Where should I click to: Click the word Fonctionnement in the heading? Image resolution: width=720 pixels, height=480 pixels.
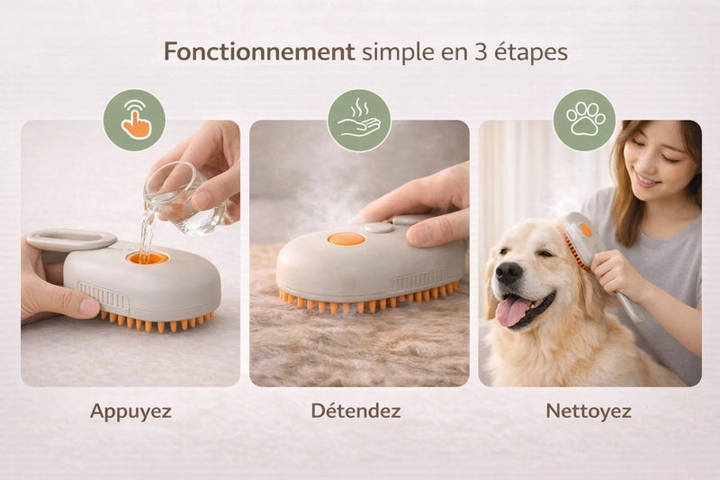pyautogui.click(x=259, y=51)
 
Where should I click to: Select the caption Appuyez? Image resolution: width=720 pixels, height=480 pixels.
pyautogui.click(x=130, y=412)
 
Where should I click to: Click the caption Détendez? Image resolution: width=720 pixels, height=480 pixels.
pyautogui.click(x=355, y=410)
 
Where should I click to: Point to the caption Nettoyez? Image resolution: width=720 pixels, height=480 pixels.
pyautogui.click(x=589, y=411)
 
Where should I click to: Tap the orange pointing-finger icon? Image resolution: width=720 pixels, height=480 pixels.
pyautogui.click(x=136, y=120)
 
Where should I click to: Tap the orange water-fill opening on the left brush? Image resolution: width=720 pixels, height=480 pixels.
pyautogui.click(x=148, y=258)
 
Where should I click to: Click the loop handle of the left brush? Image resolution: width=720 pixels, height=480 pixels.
pyautogui.click(x=70, y=240)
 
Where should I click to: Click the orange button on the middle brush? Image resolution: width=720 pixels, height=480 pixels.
pyautogui.click(x=346, y=239)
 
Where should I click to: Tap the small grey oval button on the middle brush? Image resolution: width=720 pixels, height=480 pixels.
pyautogui.click(x=379, y=227)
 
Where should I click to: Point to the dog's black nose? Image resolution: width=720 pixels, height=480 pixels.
pyautogui.click(x=508, y=273)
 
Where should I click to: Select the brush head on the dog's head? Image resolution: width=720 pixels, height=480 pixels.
pyautogui.click(x=579, y=239)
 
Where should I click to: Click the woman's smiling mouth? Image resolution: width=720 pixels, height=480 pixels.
pyautogui.click(x=647, y=180)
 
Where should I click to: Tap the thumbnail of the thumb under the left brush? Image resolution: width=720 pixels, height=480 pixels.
pyautogui.click(x=89, y=307)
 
